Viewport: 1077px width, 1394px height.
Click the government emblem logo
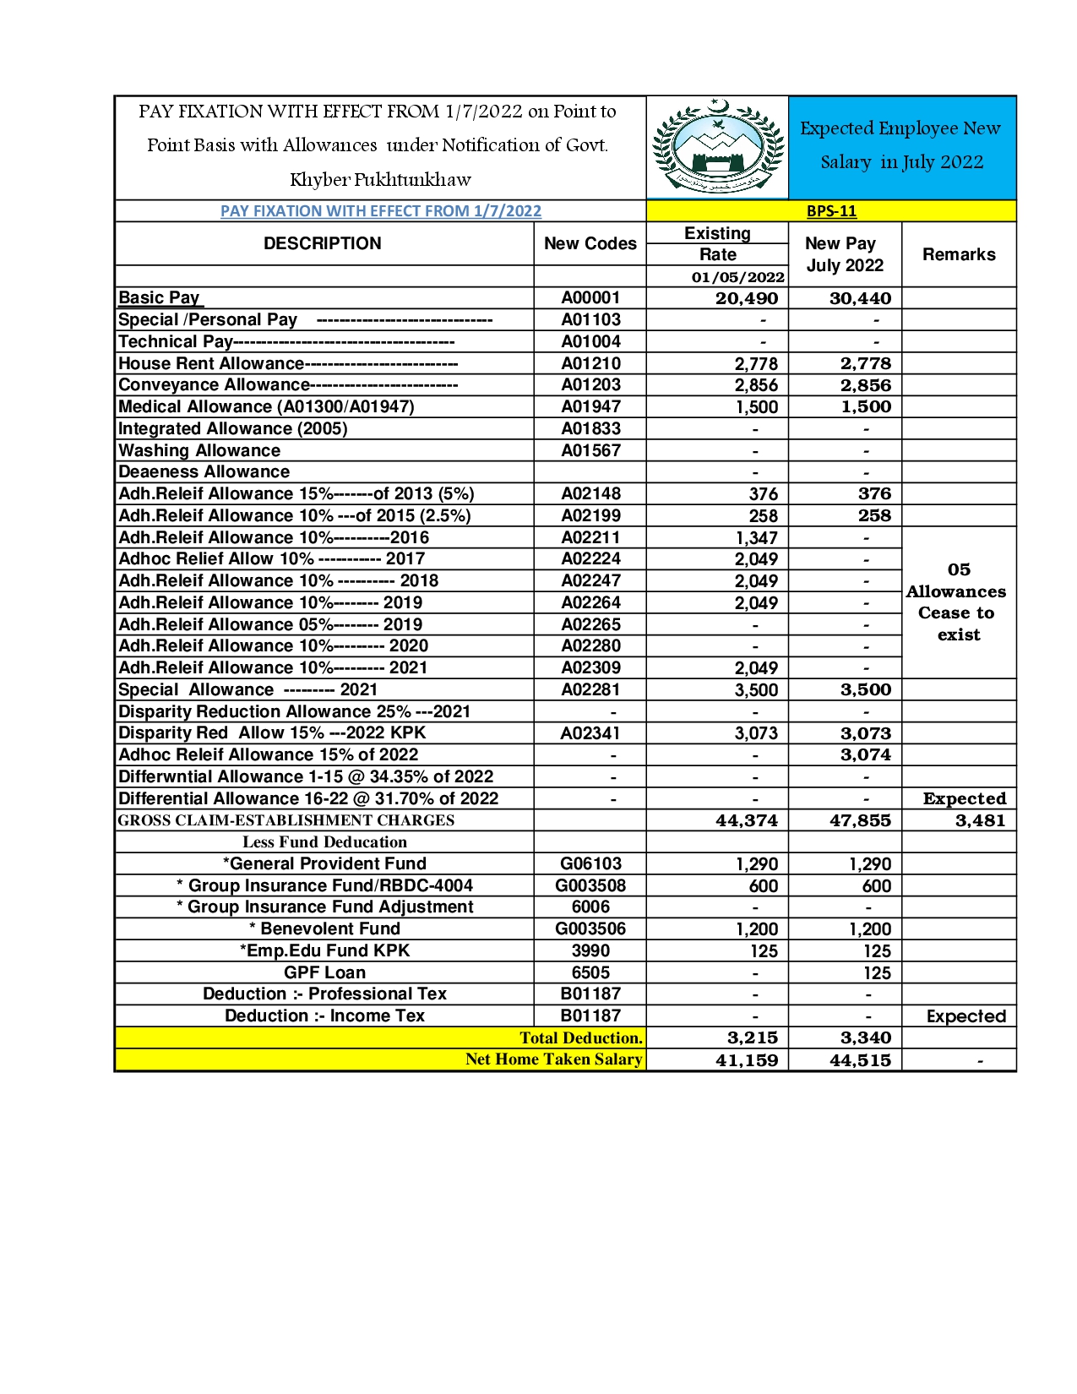[717, 148]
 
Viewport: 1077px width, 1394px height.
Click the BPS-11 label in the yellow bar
[831, 211]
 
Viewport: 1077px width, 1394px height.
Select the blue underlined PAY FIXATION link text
[380, 211]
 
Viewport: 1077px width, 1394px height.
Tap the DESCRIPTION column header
[323, 243]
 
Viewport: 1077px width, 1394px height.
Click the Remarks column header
[959, 254]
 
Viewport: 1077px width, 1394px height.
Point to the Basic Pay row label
[160, 297]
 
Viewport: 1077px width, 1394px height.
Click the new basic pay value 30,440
[860, 298]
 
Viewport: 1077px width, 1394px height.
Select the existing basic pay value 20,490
[747, 298]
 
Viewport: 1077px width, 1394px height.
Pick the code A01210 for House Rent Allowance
[590, 363]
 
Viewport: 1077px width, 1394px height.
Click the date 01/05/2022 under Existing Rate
[737, 277]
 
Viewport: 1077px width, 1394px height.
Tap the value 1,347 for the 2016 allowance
[756, 538]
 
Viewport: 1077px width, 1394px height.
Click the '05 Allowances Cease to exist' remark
[958, 602]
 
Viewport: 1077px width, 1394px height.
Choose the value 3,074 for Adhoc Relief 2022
[866, 755]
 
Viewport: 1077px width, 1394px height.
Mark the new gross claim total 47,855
[860, 820]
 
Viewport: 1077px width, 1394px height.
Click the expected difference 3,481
[980, 820]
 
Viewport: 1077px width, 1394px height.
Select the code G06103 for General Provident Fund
[590, 863]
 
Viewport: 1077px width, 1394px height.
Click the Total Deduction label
[580, 1037]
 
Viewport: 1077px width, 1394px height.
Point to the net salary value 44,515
[860, 1060]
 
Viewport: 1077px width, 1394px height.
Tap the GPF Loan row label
[324, 972]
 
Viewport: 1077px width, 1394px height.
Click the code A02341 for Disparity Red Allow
[590, 733]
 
